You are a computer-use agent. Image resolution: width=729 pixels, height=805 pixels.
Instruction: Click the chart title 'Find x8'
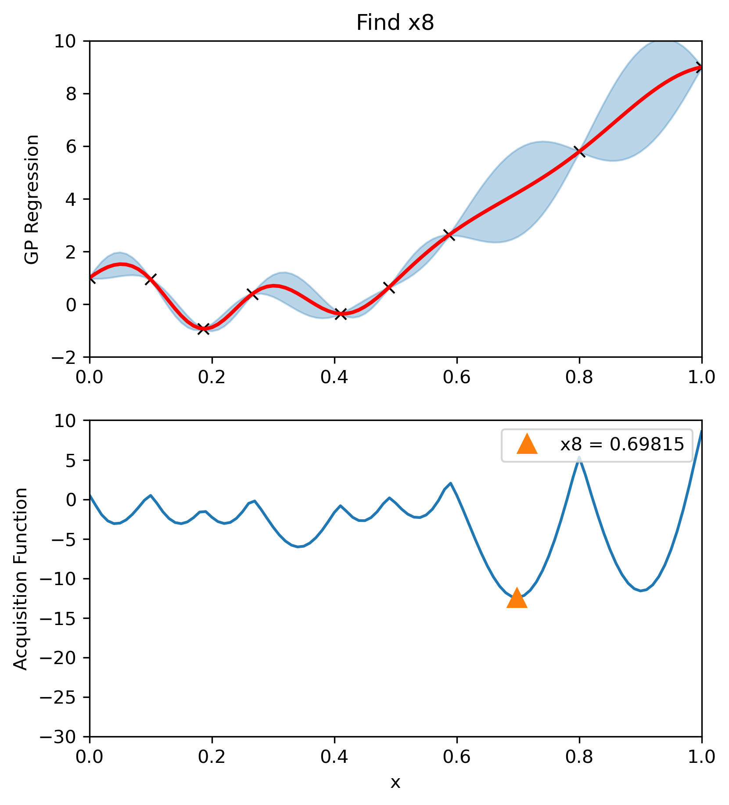[x=395, y=23]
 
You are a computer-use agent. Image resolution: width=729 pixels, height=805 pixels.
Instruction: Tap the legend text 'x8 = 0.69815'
[x=622, y=445]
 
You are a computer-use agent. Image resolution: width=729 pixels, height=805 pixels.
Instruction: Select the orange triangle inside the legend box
[x=527, y=444]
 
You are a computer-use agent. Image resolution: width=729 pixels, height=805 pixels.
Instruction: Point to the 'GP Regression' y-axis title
[x=32, y=199]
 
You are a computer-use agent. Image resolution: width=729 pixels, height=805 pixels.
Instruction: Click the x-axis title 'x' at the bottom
[x=395, y=782]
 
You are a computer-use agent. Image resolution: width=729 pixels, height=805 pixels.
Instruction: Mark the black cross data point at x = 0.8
[x=580, y=152]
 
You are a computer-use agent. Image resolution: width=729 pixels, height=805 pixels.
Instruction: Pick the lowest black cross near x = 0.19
[x=203, y=329]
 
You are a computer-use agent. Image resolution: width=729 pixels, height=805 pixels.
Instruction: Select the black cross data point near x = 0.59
[x=449, y=235]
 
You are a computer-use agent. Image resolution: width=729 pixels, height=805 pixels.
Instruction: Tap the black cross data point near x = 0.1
[x=151, y=279]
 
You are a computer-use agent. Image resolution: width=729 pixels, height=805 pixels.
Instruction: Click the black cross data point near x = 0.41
[x=341, y=314]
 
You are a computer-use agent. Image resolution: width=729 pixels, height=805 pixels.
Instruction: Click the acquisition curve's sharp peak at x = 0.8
[x=579, y=457]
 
